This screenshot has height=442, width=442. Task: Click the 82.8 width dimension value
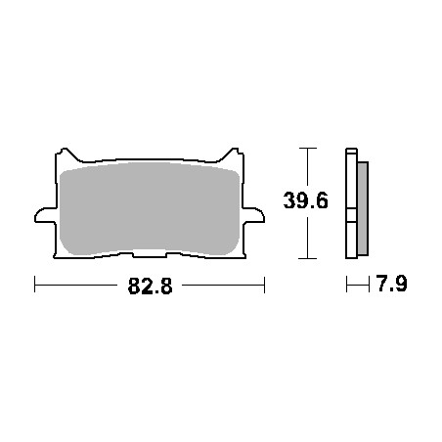(150, 287)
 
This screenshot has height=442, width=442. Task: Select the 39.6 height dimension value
(306, 200)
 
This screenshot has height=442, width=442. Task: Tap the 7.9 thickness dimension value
(391, 284)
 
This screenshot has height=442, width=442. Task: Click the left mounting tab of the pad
(45, 215)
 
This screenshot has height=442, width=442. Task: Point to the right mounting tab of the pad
(253, 215)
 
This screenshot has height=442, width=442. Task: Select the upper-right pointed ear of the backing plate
(233, 155)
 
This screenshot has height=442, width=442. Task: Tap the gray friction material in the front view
(150, 208)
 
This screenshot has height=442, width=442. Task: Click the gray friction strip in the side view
(363, 208)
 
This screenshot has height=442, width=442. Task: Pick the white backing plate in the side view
(351, 203)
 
